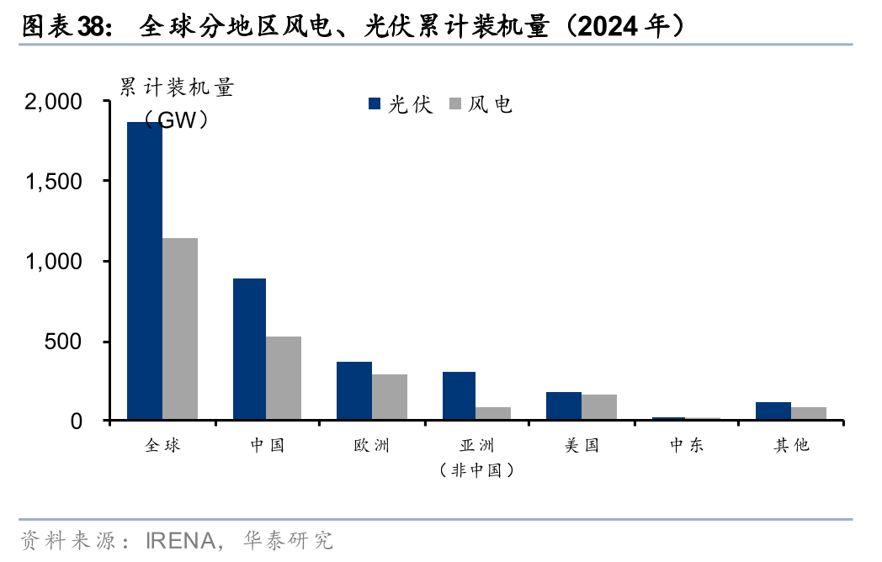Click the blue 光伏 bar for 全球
click(145, 271)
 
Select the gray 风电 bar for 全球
click(180, 328)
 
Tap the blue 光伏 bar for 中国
click(249, 348)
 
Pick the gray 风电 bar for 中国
click(284, 378)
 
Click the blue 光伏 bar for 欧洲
click(354, 390)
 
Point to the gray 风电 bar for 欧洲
click(390, 396)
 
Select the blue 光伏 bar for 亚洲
click(459, 395)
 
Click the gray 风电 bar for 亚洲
click(493, 413)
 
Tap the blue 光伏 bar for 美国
click(564, 406)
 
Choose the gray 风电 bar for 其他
click(809, 413)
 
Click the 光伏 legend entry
click(401, 104)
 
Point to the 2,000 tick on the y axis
click(54, 102)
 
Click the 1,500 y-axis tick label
click(54, 182)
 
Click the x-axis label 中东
click(687, 445)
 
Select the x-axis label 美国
click(582, 445)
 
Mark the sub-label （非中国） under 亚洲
click(476, 470)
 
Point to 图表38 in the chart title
click(63, 27)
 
